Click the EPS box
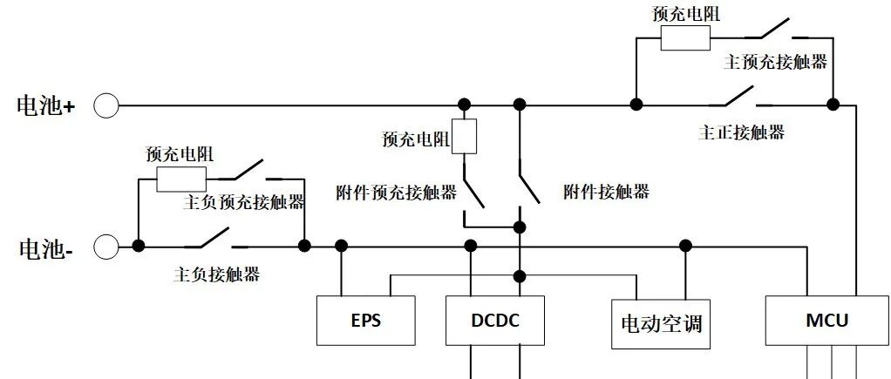click(365, 321)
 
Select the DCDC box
click(495, 321)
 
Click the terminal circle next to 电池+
click(106, 105)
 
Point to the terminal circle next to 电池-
click(106, 247)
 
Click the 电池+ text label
click(46, 106)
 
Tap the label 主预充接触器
click(775, 63)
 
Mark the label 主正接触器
click(741, 132)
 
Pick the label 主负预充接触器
click(244, 202)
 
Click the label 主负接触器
click(217, 274)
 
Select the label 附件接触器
click(606, 192)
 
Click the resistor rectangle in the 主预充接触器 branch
click(684, 38)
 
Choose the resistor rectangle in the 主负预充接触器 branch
click(181, 179)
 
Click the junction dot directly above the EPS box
click(342, 247)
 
